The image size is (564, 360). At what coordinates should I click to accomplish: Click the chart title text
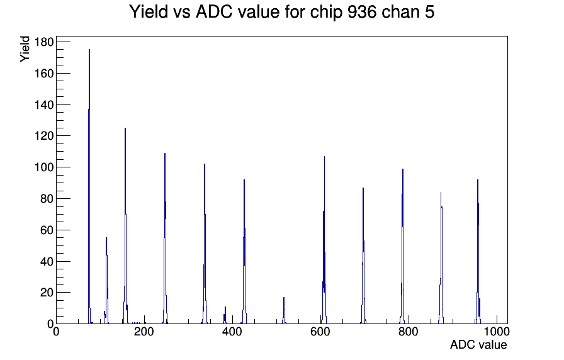click(281, 12)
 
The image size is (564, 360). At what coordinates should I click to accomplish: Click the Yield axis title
click(25, 49)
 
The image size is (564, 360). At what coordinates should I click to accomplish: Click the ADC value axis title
click(478, 344)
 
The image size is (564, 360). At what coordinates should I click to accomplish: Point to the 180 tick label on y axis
click(43, 42)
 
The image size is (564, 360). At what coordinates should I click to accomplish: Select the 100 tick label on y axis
click(43, 167)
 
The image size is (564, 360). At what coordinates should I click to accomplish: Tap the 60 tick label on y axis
click(47, 230)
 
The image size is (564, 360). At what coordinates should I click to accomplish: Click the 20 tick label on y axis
click(47, 293)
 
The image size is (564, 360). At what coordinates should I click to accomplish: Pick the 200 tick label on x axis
click(144, 331)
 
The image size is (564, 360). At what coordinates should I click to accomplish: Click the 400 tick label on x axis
click(232, 331)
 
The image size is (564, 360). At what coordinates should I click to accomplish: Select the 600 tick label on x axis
click(320, 331)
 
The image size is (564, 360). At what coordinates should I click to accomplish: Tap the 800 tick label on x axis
click(409, 331)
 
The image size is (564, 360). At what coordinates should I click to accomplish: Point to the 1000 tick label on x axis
click(497, 331)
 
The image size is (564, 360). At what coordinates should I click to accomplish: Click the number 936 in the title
click(362, 12)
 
